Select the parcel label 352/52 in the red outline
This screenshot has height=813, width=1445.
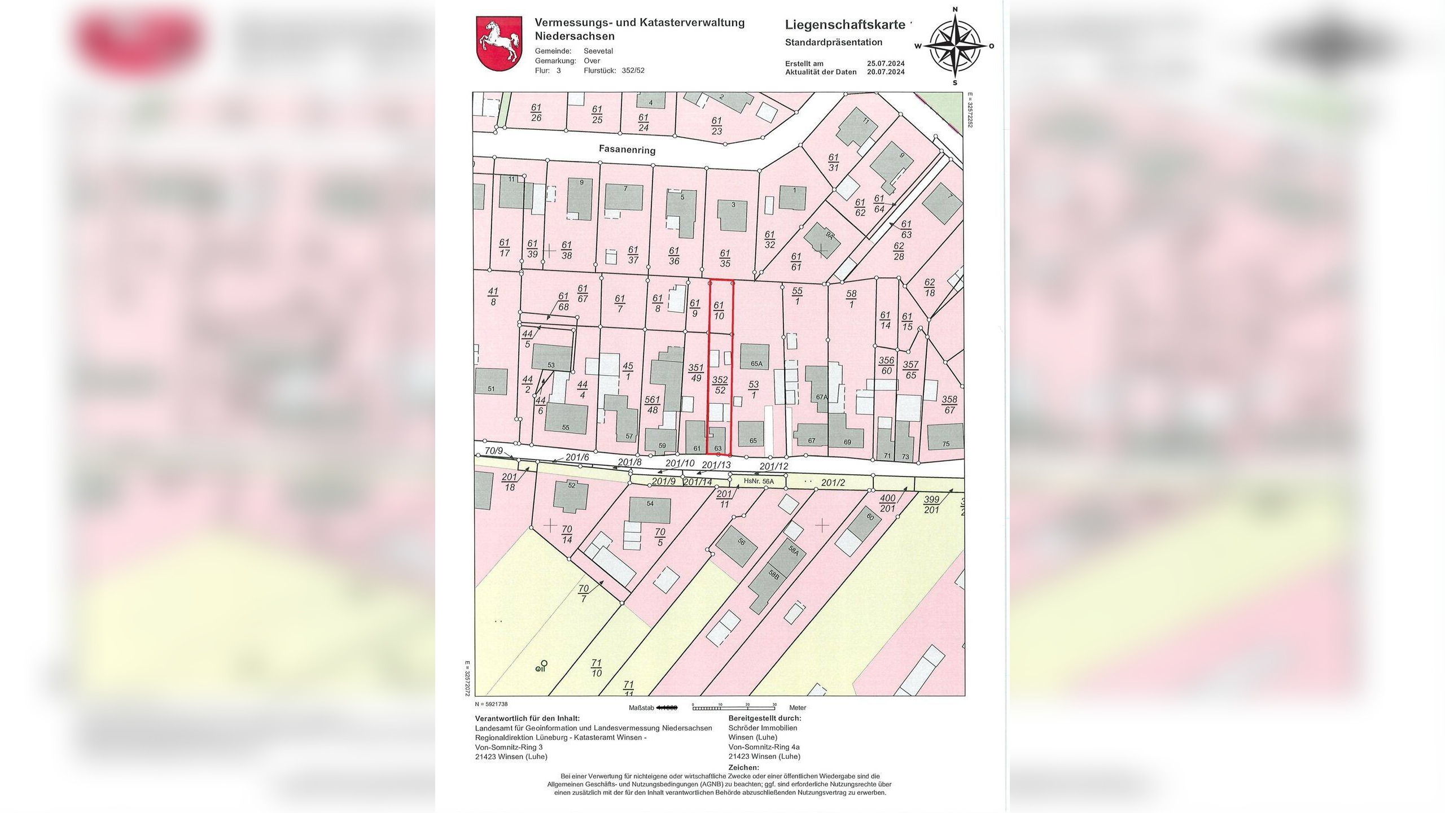[x=720, y=384]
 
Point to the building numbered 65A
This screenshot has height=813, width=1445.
[x=755, y=357]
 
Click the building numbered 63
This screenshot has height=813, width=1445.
[x=717, y=442]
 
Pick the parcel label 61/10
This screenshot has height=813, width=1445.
[x=719, y=311]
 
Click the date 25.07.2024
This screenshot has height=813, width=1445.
[x=886, y=64]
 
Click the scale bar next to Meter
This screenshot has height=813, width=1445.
[x=733, y=707]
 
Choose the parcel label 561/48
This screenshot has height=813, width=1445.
[x=653, y=405]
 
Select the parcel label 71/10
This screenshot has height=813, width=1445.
[x=597, y=668]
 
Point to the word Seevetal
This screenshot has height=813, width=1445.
[x=598, y=51]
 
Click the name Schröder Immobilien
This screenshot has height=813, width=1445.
[x=763, y=728]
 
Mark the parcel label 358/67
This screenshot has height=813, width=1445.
[x=949, y=405]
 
